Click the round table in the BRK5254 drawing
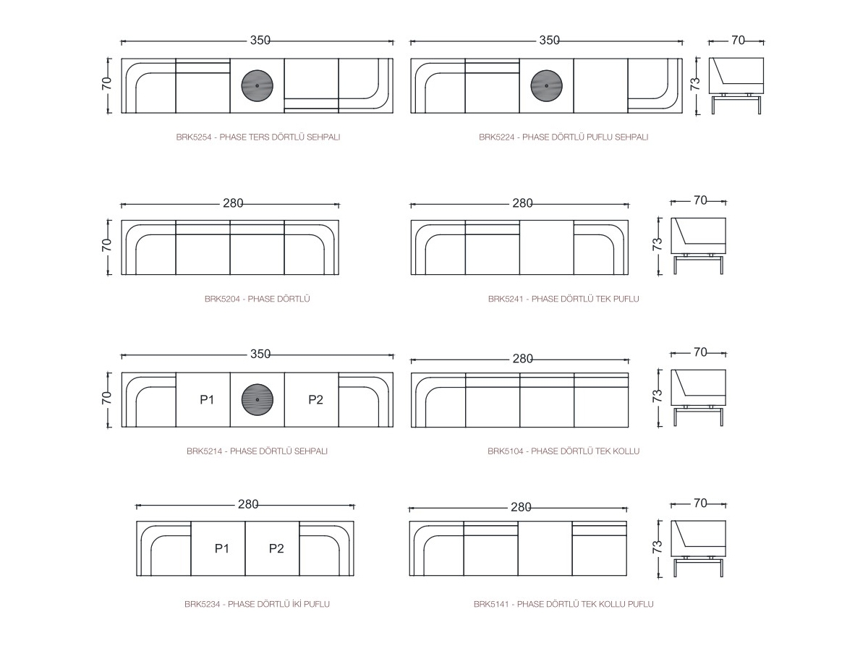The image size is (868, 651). tap(257, 85)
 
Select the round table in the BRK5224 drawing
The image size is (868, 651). tap(547, 85)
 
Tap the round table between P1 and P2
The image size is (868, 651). tap(258, 399)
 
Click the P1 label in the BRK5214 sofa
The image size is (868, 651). tap(207, 399)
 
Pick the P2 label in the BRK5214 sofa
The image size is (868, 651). tap(315, 399)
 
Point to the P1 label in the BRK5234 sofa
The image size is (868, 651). tap(222, 548)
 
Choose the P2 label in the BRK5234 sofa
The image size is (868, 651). tap(276, 548)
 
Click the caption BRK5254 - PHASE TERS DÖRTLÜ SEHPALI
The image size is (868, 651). tap(258, 137)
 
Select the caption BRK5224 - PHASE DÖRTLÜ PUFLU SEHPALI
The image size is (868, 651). tap(563, 137)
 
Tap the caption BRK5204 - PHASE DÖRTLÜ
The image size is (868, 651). tap(257, 299)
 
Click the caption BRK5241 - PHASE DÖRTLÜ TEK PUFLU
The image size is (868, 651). tap(563, 299)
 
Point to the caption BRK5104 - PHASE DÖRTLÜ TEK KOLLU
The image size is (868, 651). tap(563, 451)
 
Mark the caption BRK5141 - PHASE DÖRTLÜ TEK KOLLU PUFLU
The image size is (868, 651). tap(563, 604)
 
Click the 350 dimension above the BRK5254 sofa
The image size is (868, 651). tap(260, 41)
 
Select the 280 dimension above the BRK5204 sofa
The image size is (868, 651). tap(233, 203)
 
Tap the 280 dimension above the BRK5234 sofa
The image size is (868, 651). tap(248, 504)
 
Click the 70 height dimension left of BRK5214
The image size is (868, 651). tap(107, 398)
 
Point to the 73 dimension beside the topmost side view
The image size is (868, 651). tap(695, 84)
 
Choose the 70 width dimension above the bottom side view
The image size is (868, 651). tap(700, 503)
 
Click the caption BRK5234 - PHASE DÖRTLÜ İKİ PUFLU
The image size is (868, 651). tap(257, 604)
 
